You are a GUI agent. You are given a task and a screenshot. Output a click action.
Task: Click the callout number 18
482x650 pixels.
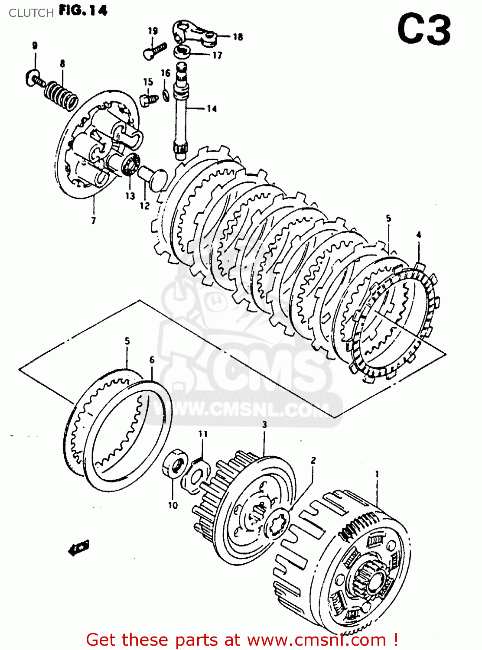click(x=238, y=37)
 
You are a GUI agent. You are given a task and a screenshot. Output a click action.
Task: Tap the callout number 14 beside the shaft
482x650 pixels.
click(x=212, y=108)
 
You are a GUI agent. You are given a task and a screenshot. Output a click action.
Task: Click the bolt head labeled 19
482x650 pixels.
click(x=149, y=54)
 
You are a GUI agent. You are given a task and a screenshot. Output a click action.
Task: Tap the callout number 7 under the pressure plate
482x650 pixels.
click(x=93, y=221)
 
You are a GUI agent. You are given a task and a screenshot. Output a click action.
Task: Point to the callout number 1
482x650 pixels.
click(x=377, y=474)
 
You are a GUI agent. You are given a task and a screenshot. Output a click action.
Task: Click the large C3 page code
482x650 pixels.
click(x=423, y=30)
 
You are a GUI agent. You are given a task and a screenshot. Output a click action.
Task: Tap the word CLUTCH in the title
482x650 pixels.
click(x=31, y=13)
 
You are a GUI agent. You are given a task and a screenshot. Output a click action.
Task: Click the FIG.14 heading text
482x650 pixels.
click(x=83, y=10)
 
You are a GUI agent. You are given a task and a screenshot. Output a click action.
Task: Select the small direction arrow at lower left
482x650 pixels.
click(x=79, y=547)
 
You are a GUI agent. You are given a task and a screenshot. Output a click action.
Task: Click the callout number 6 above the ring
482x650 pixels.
click(x=152, y=360)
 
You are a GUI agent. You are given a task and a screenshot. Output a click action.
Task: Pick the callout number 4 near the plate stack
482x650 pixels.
click(x=418, y=235)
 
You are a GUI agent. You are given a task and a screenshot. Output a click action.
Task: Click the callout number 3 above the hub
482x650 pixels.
click(x=264, y=424)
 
